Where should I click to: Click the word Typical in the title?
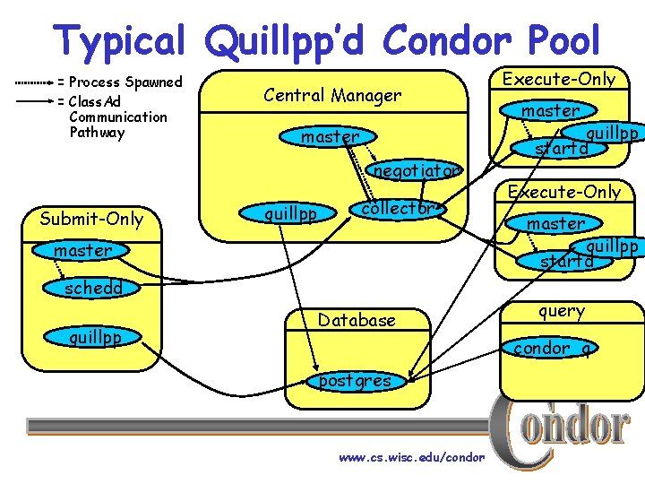[118, 40]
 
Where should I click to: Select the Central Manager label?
[332, 94]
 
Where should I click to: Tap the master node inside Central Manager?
[330, 137]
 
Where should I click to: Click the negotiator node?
[415, 169]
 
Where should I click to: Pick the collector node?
[395, 208]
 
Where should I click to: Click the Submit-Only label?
[91, 218]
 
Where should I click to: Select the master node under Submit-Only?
[82, 251]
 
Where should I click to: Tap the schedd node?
[92, 288]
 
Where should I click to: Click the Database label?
[357, 320]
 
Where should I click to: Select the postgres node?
[355, 381]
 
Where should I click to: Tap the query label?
[562, 311]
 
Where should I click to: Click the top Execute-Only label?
[559, 79]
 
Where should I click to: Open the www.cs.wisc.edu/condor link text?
[411, 457]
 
